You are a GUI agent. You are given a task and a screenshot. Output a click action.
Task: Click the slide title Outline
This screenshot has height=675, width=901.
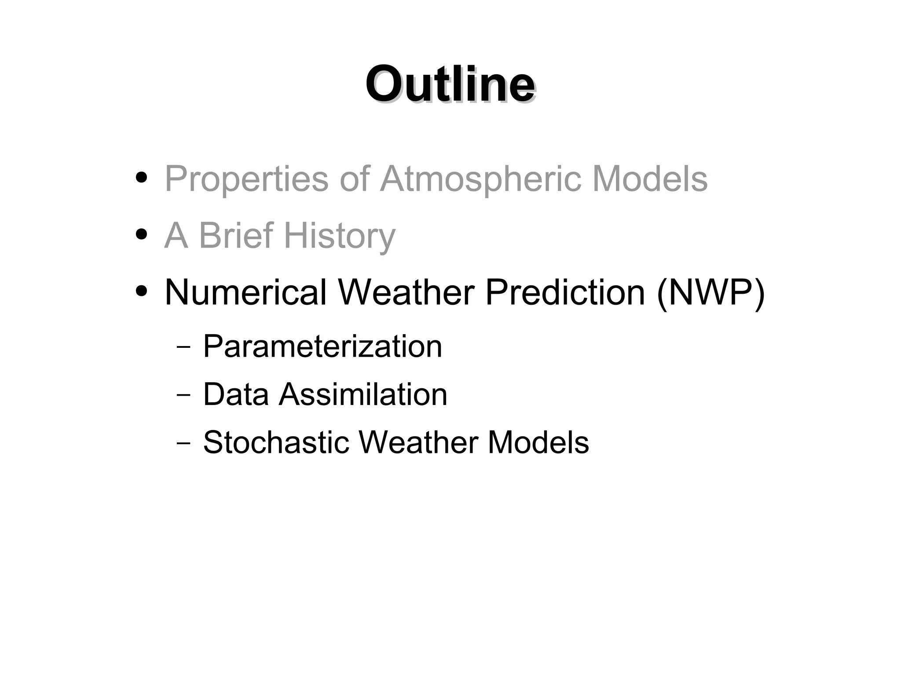coord(450,84)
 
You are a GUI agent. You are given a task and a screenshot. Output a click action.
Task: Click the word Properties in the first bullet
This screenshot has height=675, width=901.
coord(246,179)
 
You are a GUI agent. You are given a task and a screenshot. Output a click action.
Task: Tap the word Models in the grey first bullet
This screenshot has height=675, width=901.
coord(650,179)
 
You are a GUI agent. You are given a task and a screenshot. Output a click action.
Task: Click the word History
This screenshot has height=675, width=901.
coord(340,236)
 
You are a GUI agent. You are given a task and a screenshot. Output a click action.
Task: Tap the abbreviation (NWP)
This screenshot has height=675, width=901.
coord(710,293)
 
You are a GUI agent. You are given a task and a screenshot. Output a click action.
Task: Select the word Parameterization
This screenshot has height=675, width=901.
coord(322,347)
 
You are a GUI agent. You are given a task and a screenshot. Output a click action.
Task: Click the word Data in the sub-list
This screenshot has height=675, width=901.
coord(235,394)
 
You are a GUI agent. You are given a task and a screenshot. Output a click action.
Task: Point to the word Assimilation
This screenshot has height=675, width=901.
coord(363,394)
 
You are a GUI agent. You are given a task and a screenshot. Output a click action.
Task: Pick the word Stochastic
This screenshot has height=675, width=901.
coord(275,442)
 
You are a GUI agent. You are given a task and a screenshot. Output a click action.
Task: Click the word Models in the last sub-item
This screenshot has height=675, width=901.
coord(538,442)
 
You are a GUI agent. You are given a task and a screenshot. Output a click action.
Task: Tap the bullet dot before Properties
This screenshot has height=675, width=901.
coord(141,178)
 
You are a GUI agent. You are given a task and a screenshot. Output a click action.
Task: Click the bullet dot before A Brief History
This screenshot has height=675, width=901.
coord(141,234)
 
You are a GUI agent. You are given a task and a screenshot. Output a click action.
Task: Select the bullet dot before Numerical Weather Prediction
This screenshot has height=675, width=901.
coord(141,291)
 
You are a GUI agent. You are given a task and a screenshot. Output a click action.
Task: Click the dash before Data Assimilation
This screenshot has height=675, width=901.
coord(183,394)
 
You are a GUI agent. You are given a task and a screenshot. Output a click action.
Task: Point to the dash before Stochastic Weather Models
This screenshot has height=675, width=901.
coord(183,442)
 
